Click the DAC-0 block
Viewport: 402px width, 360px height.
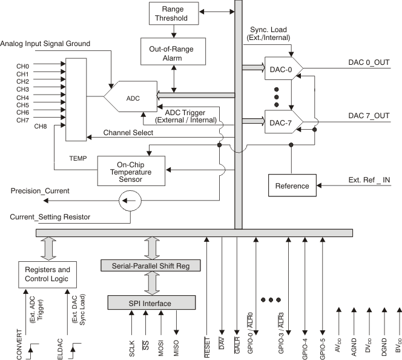point(279,70)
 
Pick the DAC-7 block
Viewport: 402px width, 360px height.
point(279,122)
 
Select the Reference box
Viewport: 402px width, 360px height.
point(292,185)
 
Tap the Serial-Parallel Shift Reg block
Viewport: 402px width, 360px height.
point(151,265)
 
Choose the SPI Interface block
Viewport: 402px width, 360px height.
point(151,302)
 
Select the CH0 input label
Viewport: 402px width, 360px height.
point(23,66)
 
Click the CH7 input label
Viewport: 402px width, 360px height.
point(23,120)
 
